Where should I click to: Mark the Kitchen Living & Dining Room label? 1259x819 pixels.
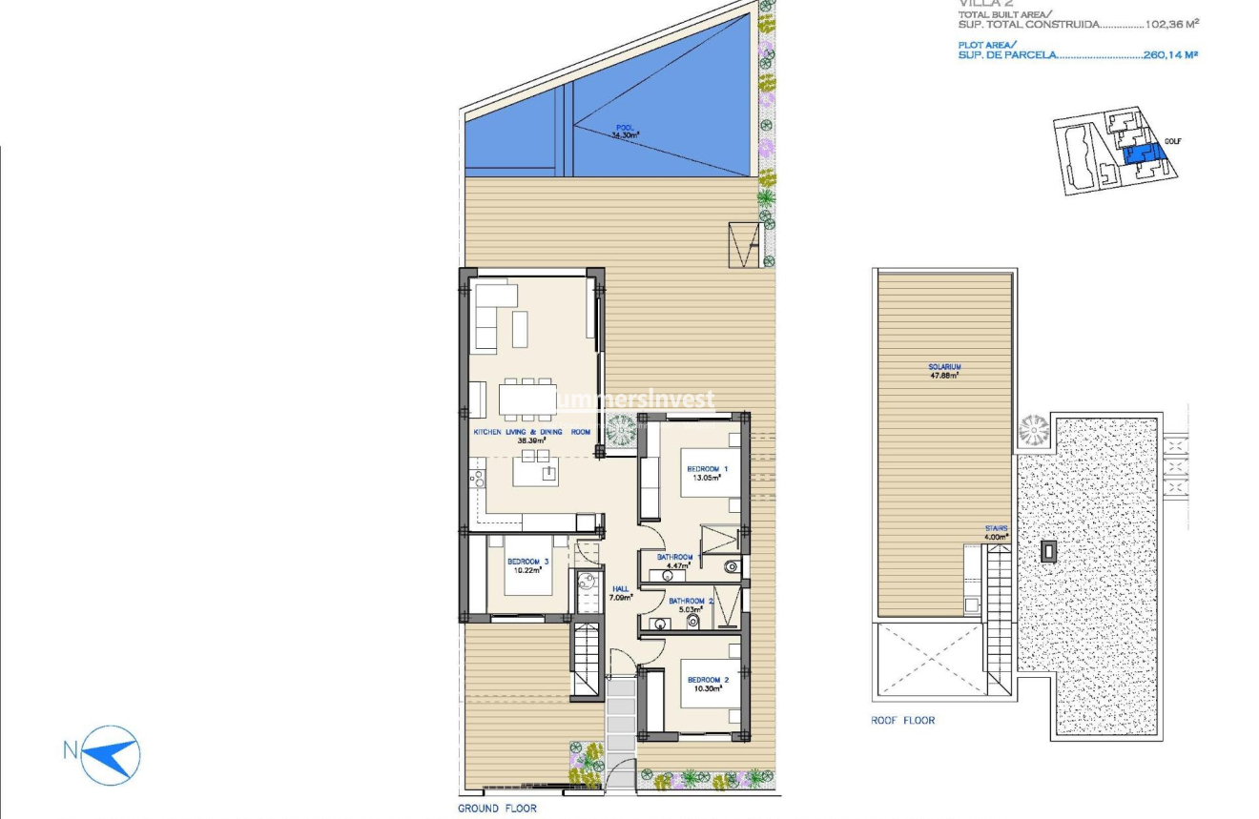coord(531,432)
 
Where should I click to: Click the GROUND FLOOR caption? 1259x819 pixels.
coord(497,809)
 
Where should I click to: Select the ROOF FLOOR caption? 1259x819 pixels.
coord(902,721)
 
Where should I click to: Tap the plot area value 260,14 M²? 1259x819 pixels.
coord(1170,55)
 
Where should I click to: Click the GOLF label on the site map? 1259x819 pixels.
coord(1172,141)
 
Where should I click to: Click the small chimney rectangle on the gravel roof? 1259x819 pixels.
coord(1049,551)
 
